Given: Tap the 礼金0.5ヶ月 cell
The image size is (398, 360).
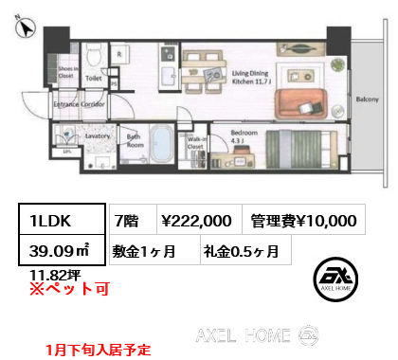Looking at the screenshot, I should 239,251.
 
